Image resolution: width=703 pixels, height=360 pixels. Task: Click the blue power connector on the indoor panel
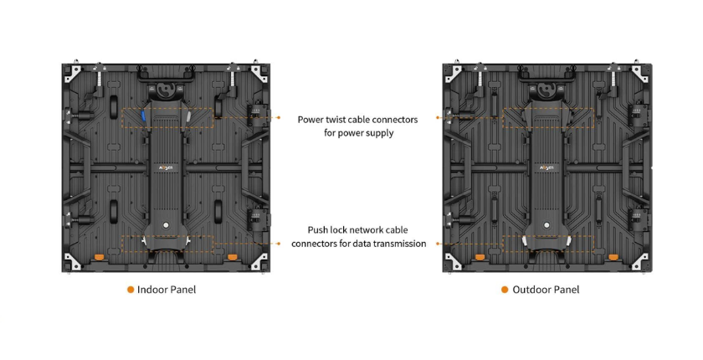coord(143,116)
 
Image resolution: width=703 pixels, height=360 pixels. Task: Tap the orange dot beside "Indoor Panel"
coord(131,290)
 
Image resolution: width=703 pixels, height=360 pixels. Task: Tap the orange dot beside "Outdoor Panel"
coord(505,290)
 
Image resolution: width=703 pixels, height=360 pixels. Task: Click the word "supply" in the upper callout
coord(379,133)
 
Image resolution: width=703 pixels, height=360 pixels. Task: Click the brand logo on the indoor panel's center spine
coord(165,167)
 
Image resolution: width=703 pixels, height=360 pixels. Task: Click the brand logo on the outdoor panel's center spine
coord(545,167)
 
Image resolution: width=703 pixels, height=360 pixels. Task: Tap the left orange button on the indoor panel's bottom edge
coord(100,256)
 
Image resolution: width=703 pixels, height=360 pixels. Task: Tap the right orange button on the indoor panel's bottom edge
coord(232,256)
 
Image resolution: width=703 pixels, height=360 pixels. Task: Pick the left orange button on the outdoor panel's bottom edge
coord(480,256)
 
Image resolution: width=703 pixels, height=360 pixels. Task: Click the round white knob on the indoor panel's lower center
coord(166,224)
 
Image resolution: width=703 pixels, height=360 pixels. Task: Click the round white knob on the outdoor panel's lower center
coord(546,224)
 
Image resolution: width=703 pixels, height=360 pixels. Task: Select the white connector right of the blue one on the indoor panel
coord(188,116)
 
